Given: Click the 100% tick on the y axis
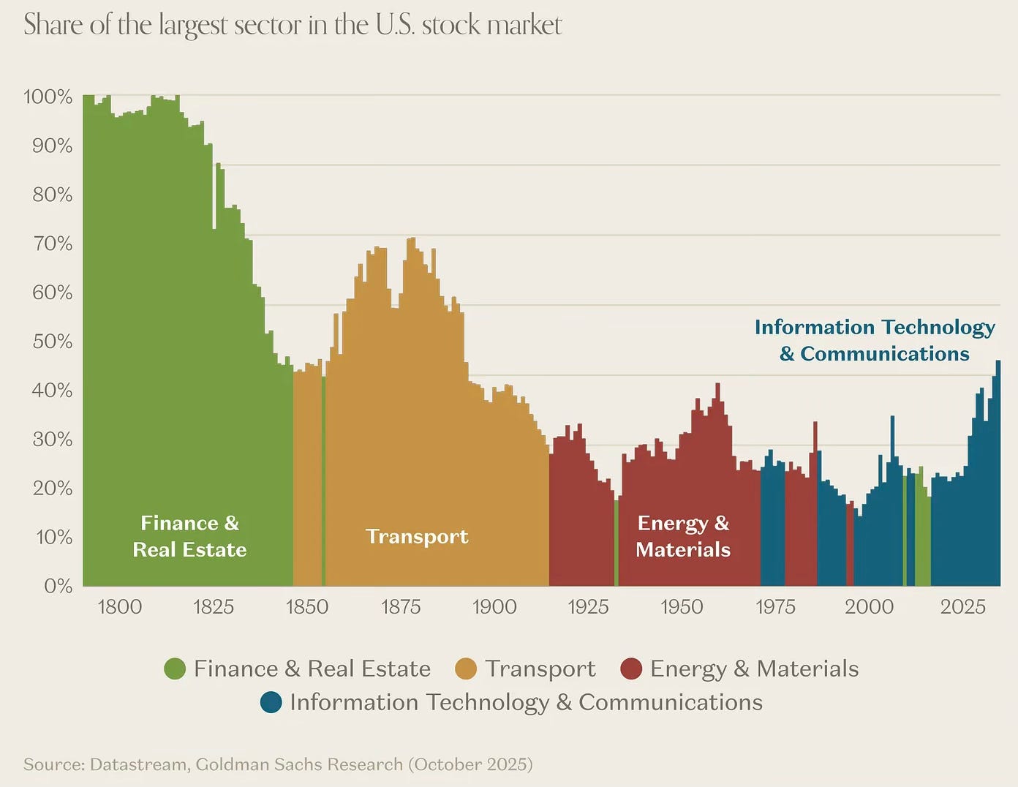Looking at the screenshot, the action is point(48,97).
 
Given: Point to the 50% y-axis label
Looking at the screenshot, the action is point(53,342).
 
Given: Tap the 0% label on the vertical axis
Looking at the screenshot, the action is point(58,586).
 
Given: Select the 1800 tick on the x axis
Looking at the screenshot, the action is point(119,607).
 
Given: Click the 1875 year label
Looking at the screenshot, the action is point(401,607).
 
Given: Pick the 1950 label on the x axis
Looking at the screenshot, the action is point(682,607).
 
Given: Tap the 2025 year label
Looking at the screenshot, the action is point(962,607).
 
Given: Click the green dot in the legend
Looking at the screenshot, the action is point(176,669).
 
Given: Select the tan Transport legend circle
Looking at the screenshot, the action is point(466,669).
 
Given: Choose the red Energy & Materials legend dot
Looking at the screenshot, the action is point(630,669).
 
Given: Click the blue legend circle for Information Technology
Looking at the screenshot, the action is point(271,702).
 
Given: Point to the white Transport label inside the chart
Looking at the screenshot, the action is point(417,537).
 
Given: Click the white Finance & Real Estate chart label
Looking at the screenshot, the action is point(189,536).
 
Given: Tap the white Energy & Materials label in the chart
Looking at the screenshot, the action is point(683,536).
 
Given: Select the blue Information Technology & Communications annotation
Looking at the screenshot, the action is point(875,340).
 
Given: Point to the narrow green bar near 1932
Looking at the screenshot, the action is point(617,543).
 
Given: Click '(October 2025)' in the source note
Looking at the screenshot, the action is point(470,764).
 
